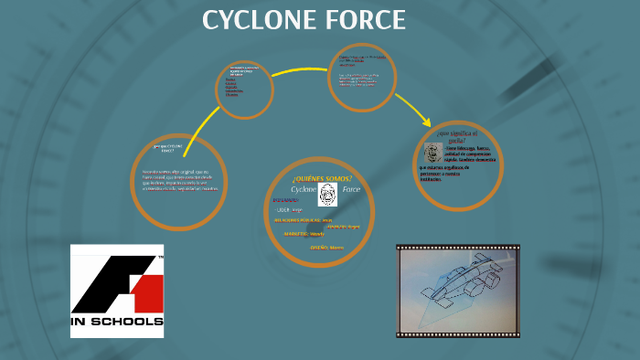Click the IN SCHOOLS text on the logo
coord(117,322)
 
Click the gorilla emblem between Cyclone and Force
coord(327,193)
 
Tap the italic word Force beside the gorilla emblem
coord(351,189)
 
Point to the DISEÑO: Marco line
coord(326,247)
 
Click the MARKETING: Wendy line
coord(304,233)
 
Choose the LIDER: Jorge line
coord(295,209)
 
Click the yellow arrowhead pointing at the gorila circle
coord(426,121)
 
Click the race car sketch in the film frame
coord(457,289)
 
